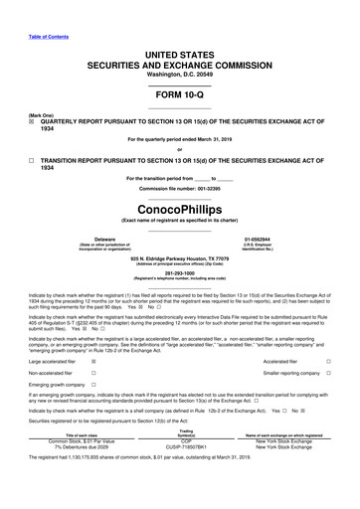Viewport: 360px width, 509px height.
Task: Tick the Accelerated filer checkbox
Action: click(x=327, y=334)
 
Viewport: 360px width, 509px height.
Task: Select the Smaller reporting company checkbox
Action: click(x=327, y=345)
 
